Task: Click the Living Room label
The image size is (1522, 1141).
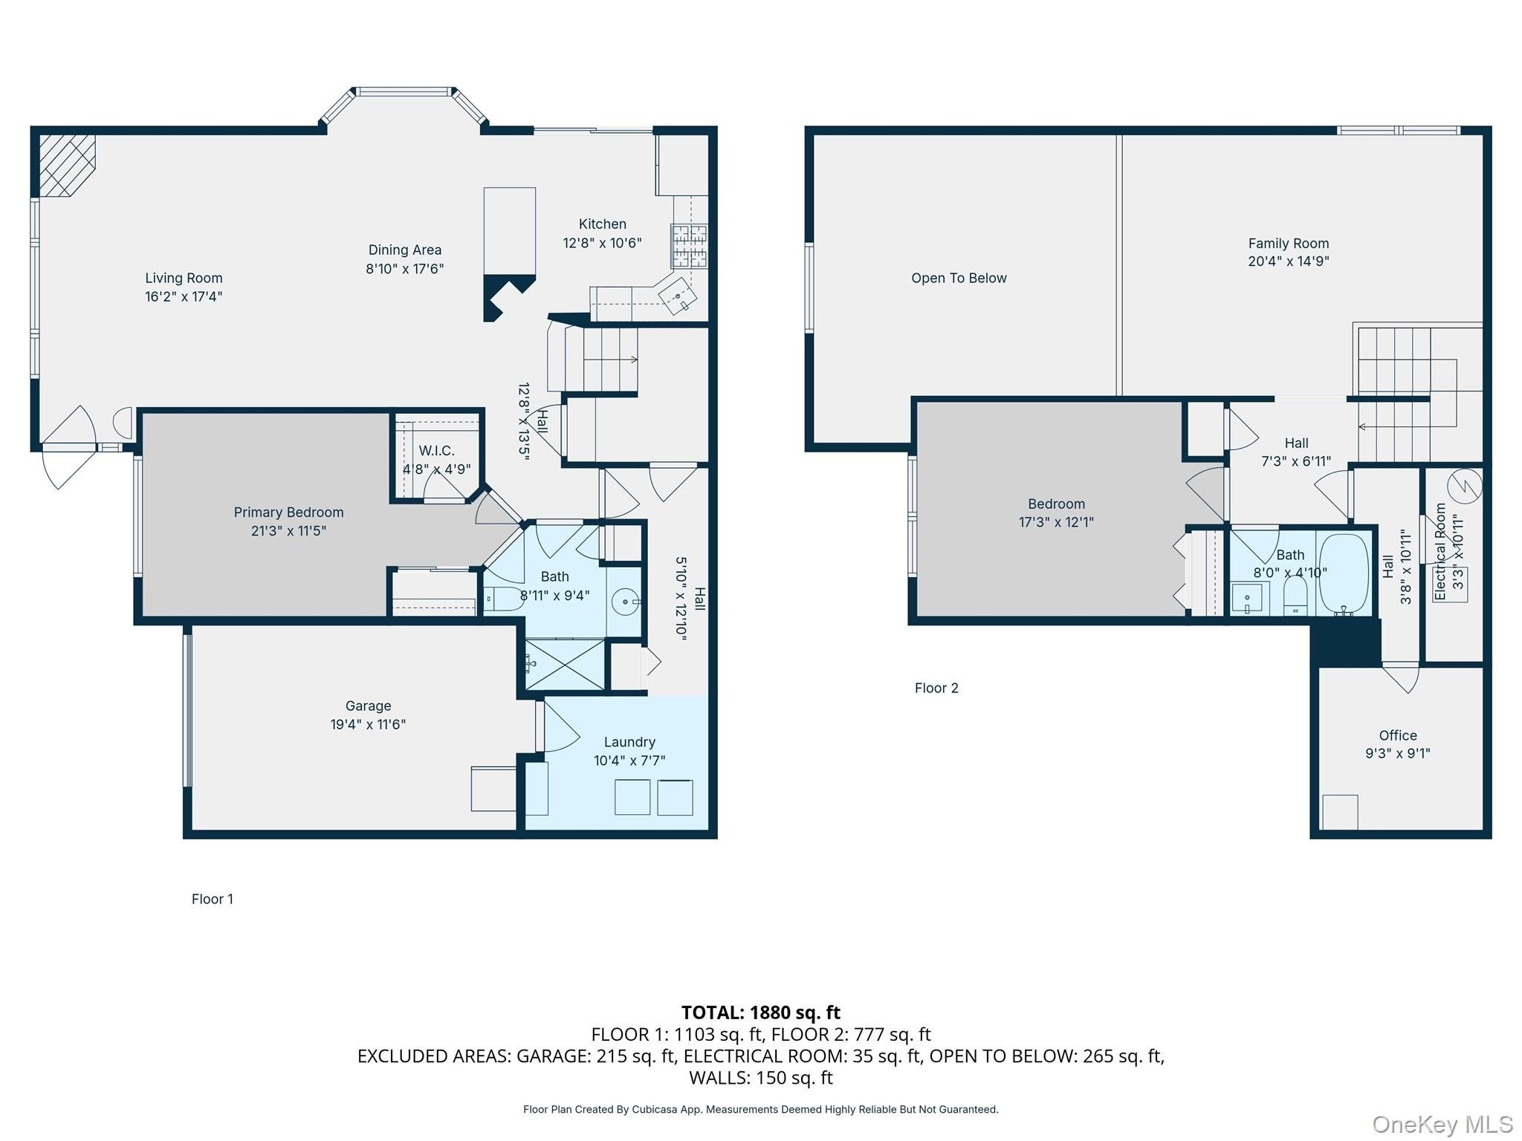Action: coord(184,278)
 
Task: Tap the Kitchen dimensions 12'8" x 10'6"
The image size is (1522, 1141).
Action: coord(602,243)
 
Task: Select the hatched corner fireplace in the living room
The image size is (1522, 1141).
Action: coord(67,165)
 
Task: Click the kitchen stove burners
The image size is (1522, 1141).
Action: coord(689,245)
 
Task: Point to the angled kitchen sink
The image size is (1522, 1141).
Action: coord(679,296)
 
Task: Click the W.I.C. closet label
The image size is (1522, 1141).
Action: coord(436,451)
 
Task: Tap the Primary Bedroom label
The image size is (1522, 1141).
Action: coord(288,513)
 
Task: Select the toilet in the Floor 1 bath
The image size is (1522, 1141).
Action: coord(502,599)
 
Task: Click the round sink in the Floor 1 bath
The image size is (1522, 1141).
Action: coord(626,602)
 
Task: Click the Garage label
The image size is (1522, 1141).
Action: coord(368,706)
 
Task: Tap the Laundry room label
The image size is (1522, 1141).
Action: coord(629,742)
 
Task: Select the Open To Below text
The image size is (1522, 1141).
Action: coord(959,279)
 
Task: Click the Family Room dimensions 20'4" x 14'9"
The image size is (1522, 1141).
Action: coord(1288,261)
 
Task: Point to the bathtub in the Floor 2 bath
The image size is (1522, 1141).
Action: coord(1344,574)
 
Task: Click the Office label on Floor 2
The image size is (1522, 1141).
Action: coord(1398,735)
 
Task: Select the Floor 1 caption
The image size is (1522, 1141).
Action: coord(213,900)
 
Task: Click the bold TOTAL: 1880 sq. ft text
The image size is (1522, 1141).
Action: coord(761,1012)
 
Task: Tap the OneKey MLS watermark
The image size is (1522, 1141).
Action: coord(1442,1125)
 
